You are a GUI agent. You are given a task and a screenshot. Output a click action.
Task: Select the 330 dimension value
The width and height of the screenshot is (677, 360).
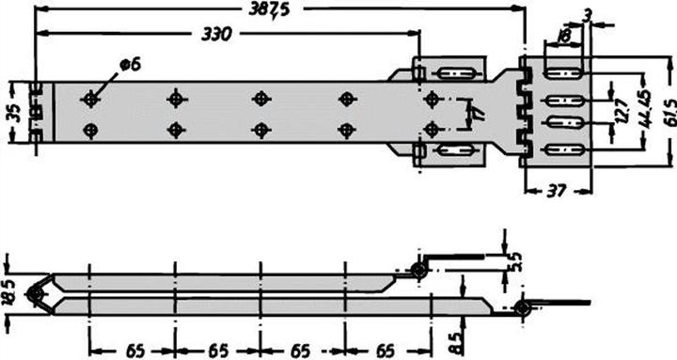pyautogui.click(x=217, y=34)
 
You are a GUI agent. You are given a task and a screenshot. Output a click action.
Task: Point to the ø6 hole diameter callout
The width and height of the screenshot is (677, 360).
pyautogui.click(x=130, y=63)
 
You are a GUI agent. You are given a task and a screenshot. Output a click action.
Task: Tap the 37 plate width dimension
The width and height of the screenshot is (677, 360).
pyautogui.click(x=556, y=192)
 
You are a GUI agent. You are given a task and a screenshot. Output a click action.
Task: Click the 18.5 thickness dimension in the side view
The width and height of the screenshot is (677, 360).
pyautogui.click(x=9, y=293)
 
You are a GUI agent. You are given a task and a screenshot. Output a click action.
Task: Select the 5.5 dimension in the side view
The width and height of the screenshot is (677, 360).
pyautogui.click(x=514, y=261)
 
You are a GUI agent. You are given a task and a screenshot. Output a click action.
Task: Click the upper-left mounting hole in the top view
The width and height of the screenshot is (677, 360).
pyautogui.click(x=91, y=98)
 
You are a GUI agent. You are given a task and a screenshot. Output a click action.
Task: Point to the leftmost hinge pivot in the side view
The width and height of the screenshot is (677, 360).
pyautogui.click(x=36, y=294)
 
